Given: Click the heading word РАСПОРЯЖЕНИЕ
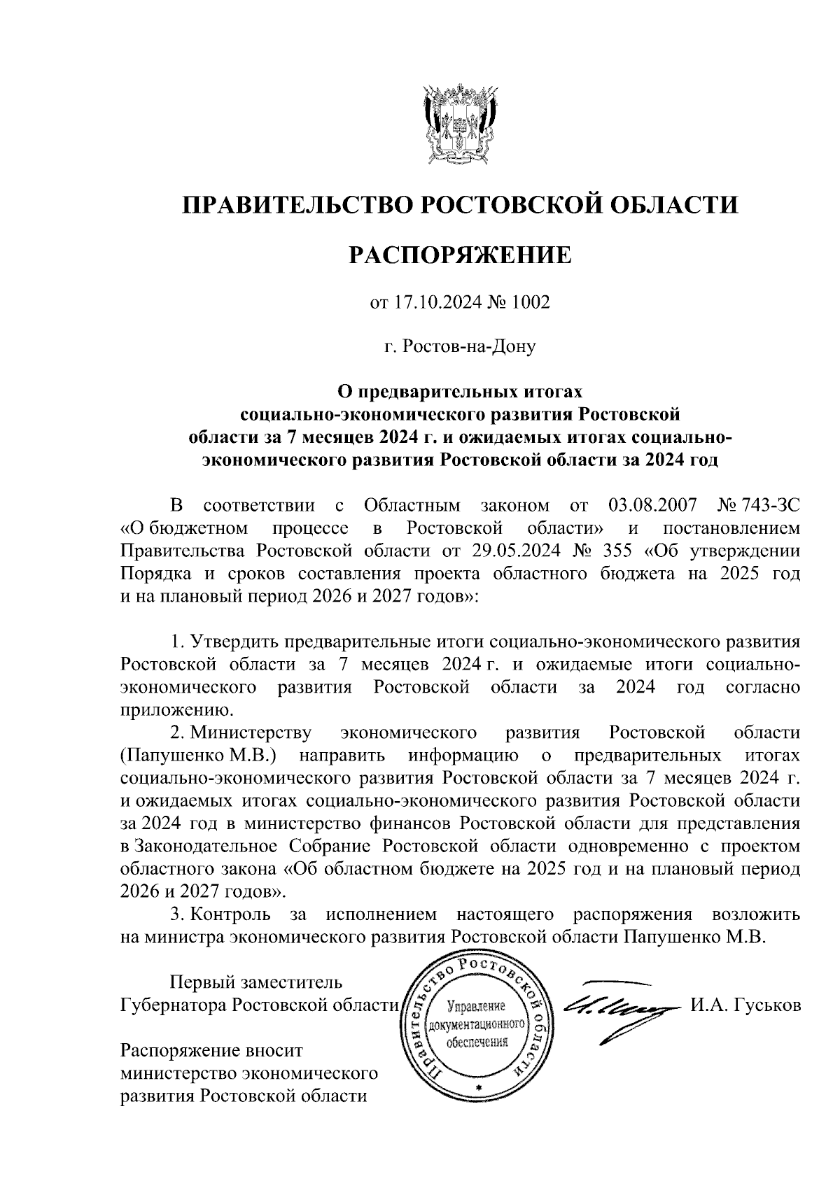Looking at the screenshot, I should [x=460, y=255].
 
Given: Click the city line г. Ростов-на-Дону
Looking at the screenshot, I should [x=460, y=346].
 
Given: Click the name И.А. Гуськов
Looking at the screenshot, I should [x=745, y=1005].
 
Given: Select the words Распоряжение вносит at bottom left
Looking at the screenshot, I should [x=213, y=1050].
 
